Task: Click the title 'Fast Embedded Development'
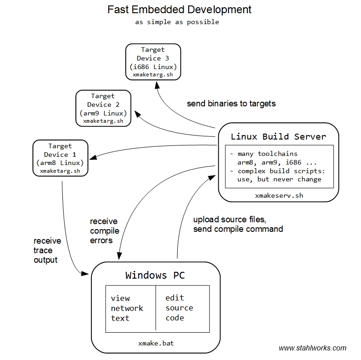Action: pyautogui.click(x=179, y=9)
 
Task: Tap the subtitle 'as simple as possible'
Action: pyautogui.click(x=177, y=22)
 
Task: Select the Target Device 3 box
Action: pyautogui.click(x=153, y=62)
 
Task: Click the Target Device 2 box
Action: pyautogui.click(x=103, y=108)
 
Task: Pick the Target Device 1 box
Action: pyautogui.click(x=60, y=158)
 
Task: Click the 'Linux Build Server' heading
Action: pyautogui.click(x=278, y=136)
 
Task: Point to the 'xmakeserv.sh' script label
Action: pyautogui.click(x=278, y=195)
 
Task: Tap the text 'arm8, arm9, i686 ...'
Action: pyautogui.click(x=277, y=162)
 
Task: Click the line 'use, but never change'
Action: pyautogui.click(x=279, y=179)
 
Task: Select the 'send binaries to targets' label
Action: pyautogui.click(x=231, y=104)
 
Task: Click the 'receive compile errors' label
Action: pyautogui.click(x=104, y=231)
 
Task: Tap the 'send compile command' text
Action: pyautogui.click(x=238, y=229)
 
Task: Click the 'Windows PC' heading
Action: pyautogui.click(x=155, y=275)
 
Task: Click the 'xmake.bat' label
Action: pyautogui.click(x=155, y=343)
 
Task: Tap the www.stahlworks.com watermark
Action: pyautogui.click(x=312, y=348)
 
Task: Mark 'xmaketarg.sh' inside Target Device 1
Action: pyautogui.click(x=60, y=171)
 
